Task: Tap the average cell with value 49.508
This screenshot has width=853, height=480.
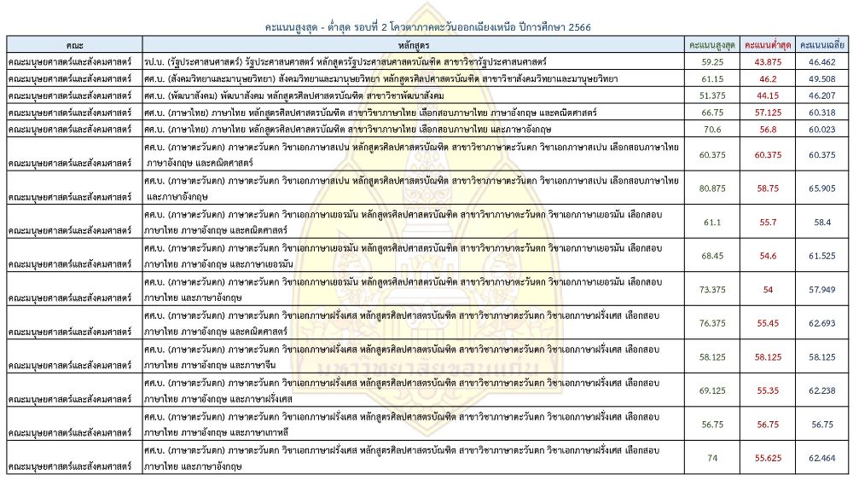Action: coord(822,79)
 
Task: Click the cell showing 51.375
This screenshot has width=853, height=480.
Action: coord(713,95)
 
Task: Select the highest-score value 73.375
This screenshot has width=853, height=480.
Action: coord(713,289)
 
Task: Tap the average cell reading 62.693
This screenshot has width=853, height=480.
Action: coord(822,322)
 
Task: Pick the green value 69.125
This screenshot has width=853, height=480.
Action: coord(713,389)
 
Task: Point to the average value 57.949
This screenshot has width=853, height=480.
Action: coord(822,289)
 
